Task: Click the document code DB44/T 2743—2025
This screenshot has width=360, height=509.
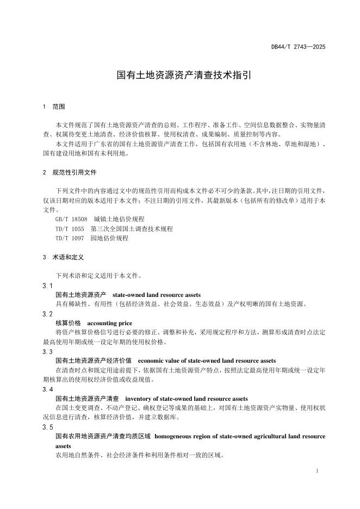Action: pyautogui.click(x=298, y=47)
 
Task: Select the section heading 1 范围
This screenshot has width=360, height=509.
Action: pyautogui.click(x=55, y=107)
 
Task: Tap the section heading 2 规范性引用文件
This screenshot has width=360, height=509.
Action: pyautogui.click(x=70, y=172)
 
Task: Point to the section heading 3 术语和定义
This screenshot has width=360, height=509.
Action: pyautogui.click(x=63, y=257)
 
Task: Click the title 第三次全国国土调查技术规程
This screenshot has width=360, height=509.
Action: pyautogui.click(x=132, y=229)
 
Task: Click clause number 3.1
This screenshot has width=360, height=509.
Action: pyautogui.click(x=47, y=285)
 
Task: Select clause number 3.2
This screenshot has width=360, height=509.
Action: pyautogui.click(x=47, y=314)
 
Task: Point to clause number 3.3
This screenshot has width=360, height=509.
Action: pyautogui.click(x=47, y=352)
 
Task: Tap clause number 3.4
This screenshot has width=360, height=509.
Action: pyautogui.click(x=47, y=389)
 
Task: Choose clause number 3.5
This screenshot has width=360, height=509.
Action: pyautogui.click(x=47, y=427)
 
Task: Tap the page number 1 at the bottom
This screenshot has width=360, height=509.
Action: pyautogui.click(x=316, y=471)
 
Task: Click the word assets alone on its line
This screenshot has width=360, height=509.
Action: pyautogui.click(x=64, y=445)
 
